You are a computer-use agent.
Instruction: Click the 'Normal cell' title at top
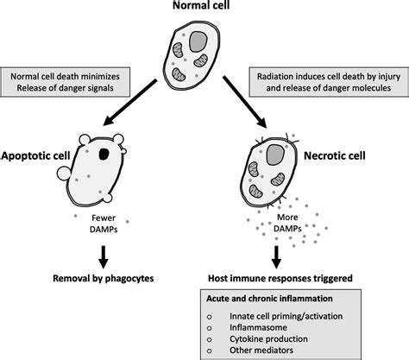click(204, 9)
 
